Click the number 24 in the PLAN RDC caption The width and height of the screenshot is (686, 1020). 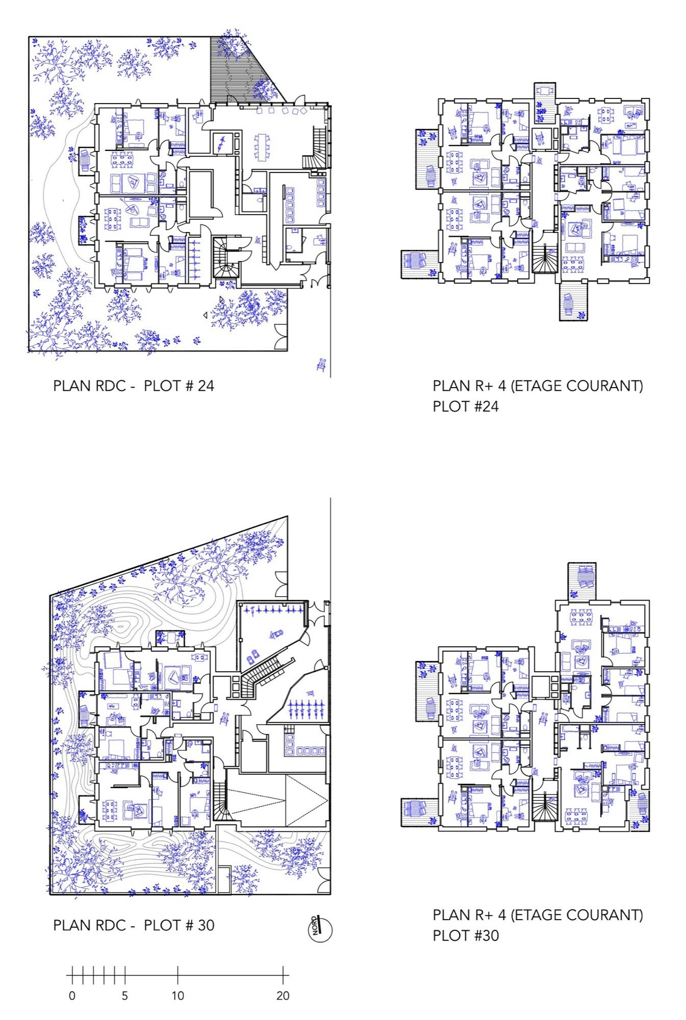point(206,386)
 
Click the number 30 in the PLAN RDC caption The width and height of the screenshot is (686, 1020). point(206,925)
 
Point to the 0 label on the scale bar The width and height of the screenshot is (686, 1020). point(72,995)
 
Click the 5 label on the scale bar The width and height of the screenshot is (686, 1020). point(124,995)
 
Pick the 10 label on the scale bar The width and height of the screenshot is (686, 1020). point(177,995)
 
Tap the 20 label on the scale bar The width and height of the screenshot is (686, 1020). point(283,995)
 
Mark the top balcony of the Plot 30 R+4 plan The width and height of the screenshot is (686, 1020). point(581,581)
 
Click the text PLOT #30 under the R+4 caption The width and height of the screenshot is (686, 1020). point(466,936)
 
